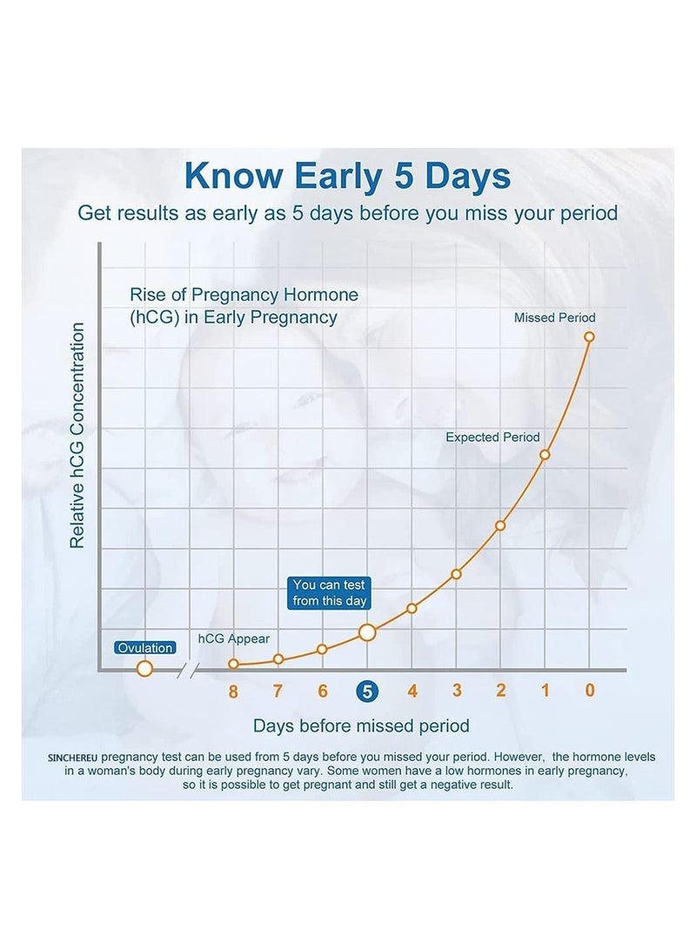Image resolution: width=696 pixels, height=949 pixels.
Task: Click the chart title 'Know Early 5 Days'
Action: [x=347, y=176]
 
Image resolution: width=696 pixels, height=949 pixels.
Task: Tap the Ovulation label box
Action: [x=145, y=648]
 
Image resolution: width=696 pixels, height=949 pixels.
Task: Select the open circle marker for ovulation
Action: [x=145, y=668]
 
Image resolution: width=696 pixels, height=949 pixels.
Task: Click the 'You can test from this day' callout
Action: [x=330, y=593]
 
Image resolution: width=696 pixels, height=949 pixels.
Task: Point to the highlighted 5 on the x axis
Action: [x=367, y=692]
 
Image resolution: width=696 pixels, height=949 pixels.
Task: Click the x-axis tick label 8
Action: [x=233, y=692]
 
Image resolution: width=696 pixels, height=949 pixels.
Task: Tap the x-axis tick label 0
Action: [x=590, y=692]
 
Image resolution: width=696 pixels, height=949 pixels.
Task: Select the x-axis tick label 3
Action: [x=457, y=692]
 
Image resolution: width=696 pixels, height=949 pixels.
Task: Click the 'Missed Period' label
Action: [x=555, y=317]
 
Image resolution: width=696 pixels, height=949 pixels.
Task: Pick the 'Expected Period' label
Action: [x=492, y=438]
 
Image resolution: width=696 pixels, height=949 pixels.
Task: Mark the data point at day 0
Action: [x=590, y=337]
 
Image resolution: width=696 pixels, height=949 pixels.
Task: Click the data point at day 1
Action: [x=545, y=454]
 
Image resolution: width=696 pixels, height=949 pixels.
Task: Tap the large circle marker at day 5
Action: [x=367, y=632]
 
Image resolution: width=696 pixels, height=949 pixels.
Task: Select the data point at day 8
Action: [x=233, y=664]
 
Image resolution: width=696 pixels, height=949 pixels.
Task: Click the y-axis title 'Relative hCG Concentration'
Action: [x=77, y=435]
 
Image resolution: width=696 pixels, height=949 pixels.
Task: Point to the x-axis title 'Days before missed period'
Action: [x=361, y=725]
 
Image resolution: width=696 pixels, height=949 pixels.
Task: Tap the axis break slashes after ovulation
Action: [x=188, y=670]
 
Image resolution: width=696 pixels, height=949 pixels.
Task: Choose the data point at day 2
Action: [x=500, y=525]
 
